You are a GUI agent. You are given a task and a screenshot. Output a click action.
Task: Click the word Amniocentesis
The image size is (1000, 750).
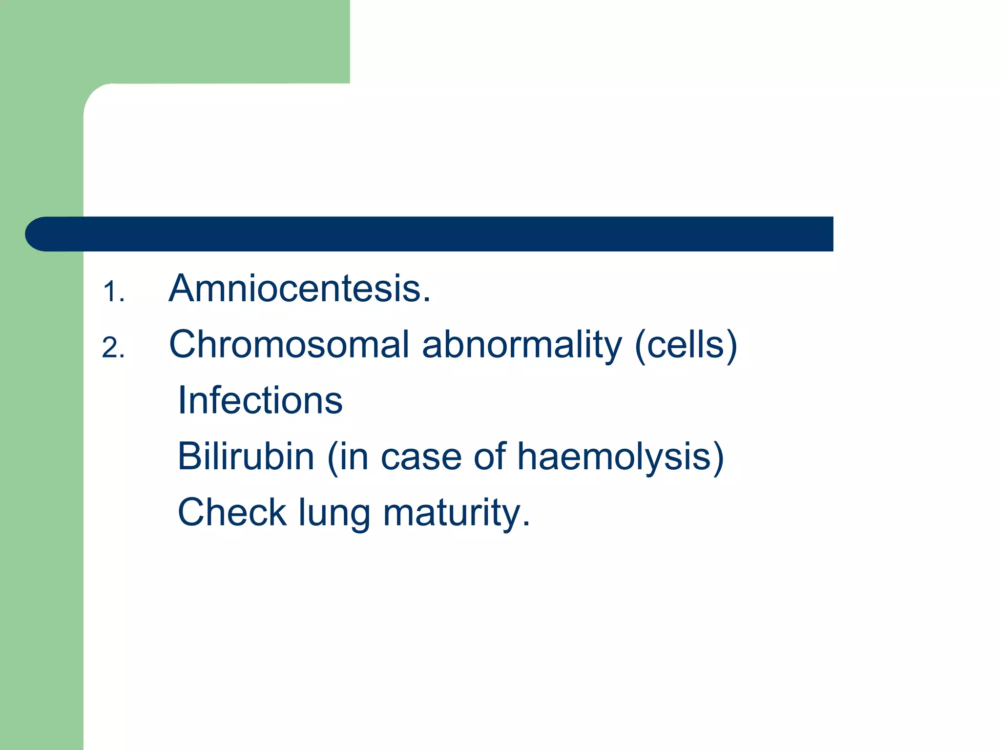(295, 289)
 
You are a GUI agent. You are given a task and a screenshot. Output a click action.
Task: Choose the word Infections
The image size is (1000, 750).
(260, 400)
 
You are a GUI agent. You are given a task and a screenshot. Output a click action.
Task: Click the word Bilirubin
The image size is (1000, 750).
(246, 456)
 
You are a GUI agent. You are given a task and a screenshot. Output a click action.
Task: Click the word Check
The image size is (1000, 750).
(232, 512)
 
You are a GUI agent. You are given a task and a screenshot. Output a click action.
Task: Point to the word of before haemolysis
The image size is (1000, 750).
(490, 456)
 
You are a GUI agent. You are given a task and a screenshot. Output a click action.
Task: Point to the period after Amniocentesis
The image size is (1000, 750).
(427, 301)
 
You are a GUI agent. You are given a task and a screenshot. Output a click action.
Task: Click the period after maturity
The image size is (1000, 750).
(526, 525)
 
